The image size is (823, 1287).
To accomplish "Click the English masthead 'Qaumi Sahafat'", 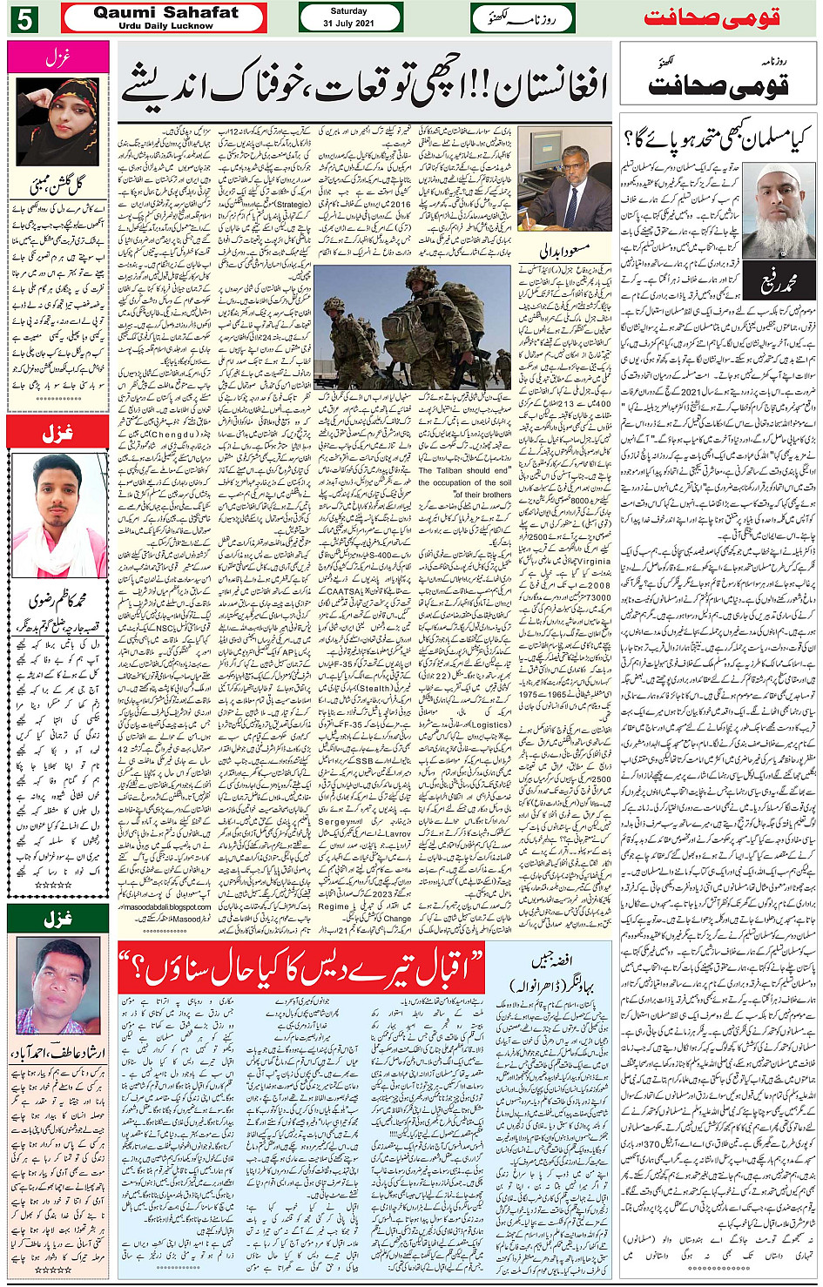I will point(165,12).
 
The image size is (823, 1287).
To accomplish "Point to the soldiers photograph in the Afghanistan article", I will point(412,326).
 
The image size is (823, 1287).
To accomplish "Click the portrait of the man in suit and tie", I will point(564,179).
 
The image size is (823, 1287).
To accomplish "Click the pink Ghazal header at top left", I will point(57,57).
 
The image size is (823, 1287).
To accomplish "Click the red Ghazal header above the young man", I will point(57,432).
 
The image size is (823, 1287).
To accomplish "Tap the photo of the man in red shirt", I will point(57,984).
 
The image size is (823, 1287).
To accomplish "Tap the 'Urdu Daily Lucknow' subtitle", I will point(165,26).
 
